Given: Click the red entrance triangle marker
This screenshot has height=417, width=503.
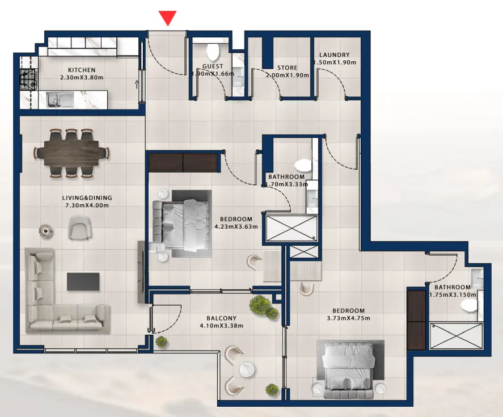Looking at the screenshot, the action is tap(167, 18).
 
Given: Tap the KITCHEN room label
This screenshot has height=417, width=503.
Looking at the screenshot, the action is tap(82, 70).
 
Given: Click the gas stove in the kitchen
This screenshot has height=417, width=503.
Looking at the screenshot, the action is tap(28, 79).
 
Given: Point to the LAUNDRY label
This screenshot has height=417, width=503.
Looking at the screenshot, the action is tap(335, 55).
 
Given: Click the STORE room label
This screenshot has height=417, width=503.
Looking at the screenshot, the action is tap(288, 68).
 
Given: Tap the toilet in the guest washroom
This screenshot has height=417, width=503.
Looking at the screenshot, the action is tap(212, 52).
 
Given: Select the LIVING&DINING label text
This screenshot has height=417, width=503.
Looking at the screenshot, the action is tap(87, 198).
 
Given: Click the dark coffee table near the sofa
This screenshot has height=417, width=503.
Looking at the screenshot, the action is tap(83, 282).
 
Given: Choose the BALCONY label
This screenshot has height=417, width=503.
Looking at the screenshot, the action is tap(221, 318).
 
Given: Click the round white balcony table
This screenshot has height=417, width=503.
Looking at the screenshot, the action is tap(246, 370).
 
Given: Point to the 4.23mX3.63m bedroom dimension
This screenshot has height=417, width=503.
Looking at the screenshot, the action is tap(236, 226).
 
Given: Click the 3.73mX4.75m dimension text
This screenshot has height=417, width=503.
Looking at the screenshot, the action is tap(348, 318).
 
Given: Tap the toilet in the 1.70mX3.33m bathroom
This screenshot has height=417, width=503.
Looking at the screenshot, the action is tap(303, 165).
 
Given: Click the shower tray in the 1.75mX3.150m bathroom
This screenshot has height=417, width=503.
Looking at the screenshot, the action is tap(455, 336).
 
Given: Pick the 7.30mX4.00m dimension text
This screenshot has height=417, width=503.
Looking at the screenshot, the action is tap(87, 205).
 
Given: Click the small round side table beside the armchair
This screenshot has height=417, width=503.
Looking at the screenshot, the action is tap(46, 230).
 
